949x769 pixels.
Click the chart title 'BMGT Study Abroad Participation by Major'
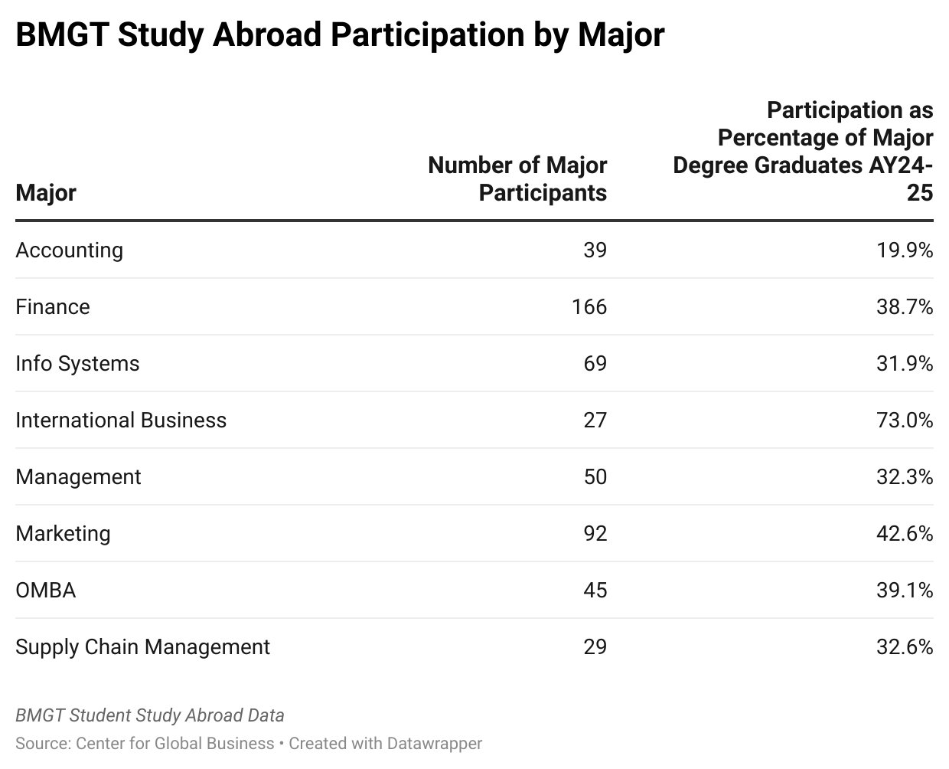tap(340, 35)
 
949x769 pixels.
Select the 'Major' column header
tap(46, 192)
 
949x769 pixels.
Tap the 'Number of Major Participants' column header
tap(517, 178)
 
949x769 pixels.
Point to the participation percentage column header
tap(804, 151)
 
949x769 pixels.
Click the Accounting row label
tap(69, 250)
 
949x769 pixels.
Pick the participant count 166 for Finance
tap(589, 307)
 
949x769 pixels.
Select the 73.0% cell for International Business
tap(904, 420)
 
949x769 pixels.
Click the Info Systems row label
tap(77, 364)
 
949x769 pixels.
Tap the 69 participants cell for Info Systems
tap(595, 364)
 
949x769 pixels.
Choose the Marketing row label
tap(63, 534)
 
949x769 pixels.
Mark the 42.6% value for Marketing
tap(904, 534)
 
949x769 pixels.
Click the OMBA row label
tap(46, 591)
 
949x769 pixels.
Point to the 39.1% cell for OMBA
tap(904, 591)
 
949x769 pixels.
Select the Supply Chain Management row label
tap(142, 647)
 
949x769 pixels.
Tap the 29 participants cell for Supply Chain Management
tap(595, 647)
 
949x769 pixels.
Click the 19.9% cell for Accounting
tap(904, 250)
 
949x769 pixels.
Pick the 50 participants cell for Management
tap(595, 477)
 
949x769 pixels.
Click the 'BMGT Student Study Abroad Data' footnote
tap(150, 715)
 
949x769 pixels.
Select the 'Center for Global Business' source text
tap(175, 743)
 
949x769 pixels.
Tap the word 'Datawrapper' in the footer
tap(434, 743)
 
